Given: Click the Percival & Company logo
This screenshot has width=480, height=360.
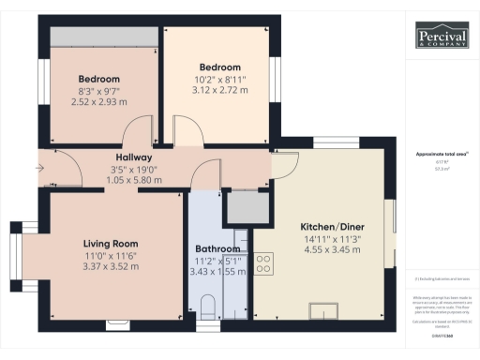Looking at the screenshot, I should coord(442,37).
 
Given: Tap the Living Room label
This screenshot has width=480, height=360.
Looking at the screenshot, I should coord(105,243).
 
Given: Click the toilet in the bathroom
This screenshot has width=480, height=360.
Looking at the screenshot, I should coord(208,305).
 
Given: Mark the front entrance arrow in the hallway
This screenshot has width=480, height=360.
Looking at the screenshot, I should coord(38,169).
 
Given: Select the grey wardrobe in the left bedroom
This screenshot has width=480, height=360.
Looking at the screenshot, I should coord(103,36).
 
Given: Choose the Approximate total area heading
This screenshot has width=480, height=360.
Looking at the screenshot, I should coord(442,153).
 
